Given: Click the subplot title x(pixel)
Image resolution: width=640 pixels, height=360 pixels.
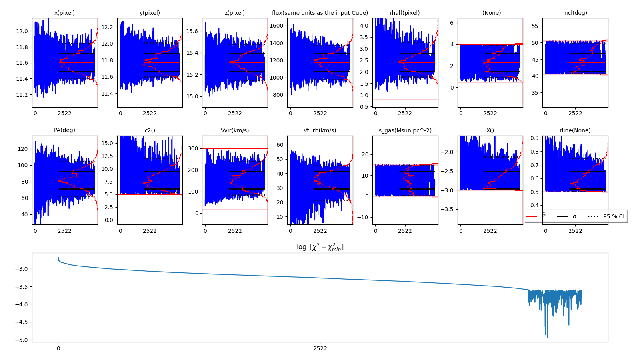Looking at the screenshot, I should (x=64, y=13).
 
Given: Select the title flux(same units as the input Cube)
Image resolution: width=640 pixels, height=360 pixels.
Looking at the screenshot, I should (x=320, y=13).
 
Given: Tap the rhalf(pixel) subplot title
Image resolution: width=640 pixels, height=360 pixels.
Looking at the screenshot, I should (x=405, y=13).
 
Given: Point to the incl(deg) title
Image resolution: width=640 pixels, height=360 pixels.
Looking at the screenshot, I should (x=575, y=13).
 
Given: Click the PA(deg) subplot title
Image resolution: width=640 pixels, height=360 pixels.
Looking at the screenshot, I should (x=64, y=130).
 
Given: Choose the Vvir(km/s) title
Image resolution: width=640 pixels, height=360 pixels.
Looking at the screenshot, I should (x=235, y=130).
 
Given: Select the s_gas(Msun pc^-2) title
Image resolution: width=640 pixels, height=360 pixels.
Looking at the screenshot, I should (x=405, y=130).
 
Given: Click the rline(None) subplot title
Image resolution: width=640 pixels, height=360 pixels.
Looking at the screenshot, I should (x=575, y=130).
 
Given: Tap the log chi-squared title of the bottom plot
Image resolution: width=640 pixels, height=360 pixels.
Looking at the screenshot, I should (x=320, y=247).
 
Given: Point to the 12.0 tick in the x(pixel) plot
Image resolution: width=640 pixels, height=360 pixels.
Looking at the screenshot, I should (x=22, y=31).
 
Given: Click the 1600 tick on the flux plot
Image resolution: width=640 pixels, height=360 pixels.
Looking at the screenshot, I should (x=277, y=26).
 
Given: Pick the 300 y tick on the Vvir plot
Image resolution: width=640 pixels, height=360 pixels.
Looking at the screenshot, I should (x=194, y=148).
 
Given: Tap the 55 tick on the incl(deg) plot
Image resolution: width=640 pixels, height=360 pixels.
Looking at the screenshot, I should (x=535, y=26).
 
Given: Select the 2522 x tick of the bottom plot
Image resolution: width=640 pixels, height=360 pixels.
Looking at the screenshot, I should (x=320, y=348).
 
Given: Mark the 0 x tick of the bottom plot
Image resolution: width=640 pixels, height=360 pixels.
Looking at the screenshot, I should (x=58, y=348).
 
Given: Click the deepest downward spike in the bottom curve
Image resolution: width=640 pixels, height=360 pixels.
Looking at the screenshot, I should (x=548, y=338).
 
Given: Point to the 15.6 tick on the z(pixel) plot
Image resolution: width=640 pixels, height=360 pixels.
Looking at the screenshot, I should (x=192, y=31).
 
